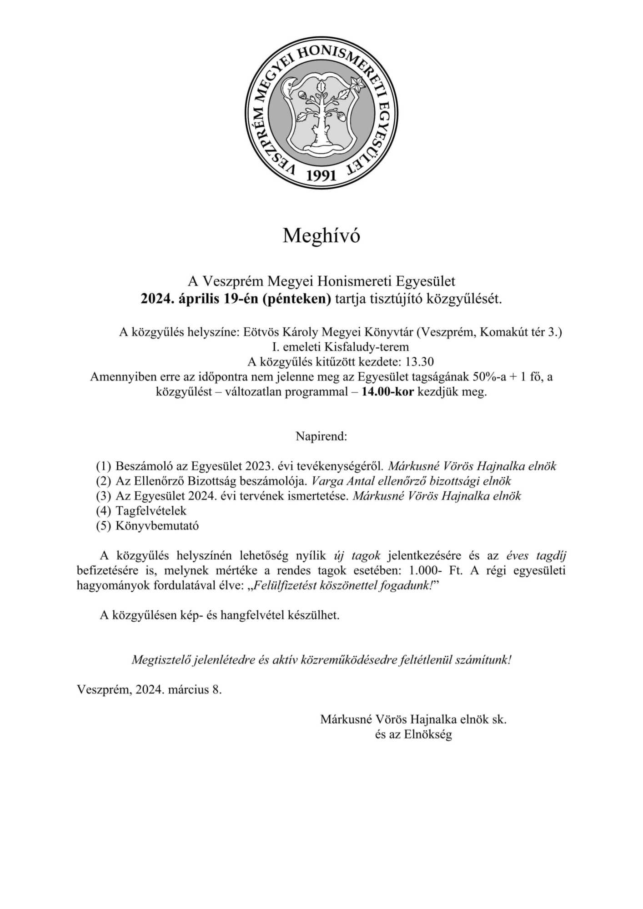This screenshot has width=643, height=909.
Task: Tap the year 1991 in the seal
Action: [321, 175]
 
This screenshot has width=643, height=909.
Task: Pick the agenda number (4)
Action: [103, 510]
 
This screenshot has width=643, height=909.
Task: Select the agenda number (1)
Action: [103, 466]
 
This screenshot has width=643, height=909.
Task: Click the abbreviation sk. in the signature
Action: [499, 719]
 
